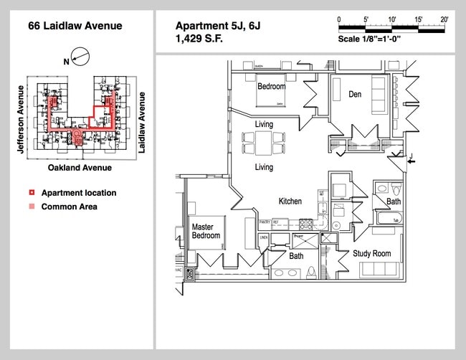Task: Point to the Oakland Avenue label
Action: [80, 167]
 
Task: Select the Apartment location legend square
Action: [31, 193]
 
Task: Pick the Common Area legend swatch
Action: [31, 207]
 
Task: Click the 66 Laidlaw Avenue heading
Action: [75, 27]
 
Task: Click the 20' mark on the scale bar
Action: [444, 19]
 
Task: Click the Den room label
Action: [355, 94]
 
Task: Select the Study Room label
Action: [371, 253]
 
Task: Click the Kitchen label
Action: [290, 202]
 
